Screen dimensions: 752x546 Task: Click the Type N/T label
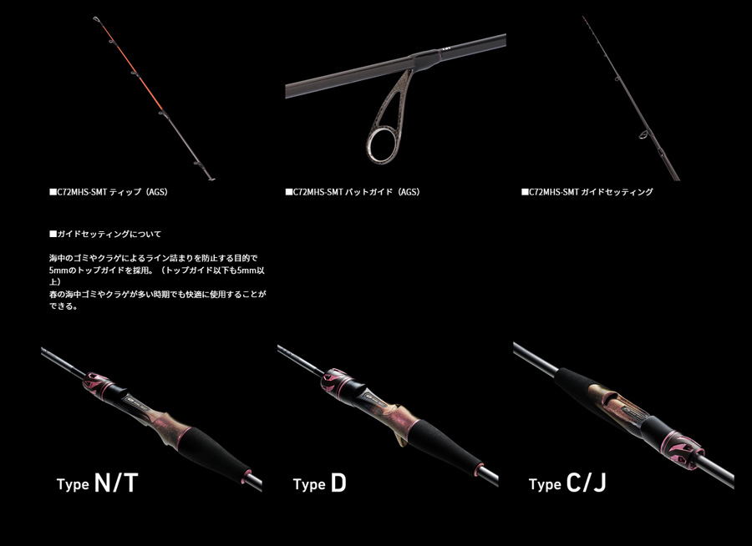pos(98,483)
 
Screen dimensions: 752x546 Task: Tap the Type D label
pos(319,483)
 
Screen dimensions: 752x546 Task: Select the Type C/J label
pos(567,483)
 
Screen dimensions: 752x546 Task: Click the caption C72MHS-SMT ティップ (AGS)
pos(109,192)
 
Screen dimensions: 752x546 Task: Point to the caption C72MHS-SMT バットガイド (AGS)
pos(353,192)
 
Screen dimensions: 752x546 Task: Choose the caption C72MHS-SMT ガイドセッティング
pos(587,192)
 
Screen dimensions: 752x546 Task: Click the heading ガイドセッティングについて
pos(105,235)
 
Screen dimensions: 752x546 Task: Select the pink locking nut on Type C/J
pos(683,451)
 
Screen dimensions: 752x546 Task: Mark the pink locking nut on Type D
pos(336,382)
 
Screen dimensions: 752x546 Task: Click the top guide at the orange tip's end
pos(96,19)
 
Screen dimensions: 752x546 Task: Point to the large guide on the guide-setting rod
pos(643,134)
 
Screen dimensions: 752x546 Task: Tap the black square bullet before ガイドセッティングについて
pos(53,235)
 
